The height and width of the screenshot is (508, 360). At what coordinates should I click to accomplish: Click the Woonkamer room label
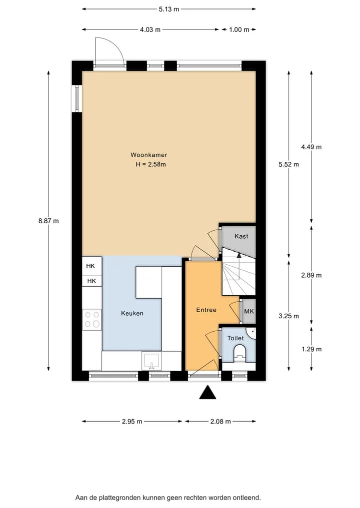coord(149,155)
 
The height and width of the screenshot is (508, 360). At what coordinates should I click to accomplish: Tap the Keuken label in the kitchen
coord(132,313)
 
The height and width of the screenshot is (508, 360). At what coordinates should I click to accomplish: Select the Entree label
coord(206,310)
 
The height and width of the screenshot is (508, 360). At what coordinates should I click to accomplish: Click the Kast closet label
coord(241,236)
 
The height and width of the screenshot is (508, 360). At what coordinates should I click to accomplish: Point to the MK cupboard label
coord(249,311)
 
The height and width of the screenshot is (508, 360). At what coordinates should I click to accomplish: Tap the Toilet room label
coord(235,338)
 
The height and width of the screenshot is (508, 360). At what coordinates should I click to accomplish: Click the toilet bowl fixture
coord(240,353)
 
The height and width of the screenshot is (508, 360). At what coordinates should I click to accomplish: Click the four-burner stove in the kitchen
coord(92,320)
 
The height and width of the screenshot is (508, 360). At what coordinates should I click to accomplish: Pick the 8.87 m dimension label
coord(48,221)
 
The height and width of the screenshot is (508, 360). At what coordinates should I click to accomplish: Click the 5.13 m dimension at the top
coord(169,9)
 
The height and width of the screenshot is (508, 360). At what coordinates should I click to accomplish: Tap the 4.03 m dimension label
coord(150,29)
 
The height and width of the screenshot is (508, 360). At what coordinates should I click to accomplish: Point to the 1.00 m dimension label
coord(239,29)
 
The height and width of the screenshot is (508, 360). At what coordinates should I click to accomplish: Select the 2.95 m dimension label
coord(132,422)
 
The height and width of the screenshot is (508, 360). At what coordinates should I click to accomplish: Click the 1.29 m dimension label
coord(311,349)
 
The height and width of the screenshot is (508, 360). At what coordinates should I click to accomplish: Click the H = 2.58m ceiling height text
coord(151,164)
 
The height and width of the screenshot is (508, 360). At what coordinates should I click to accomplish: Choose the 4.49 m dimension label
coord(311,147)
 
